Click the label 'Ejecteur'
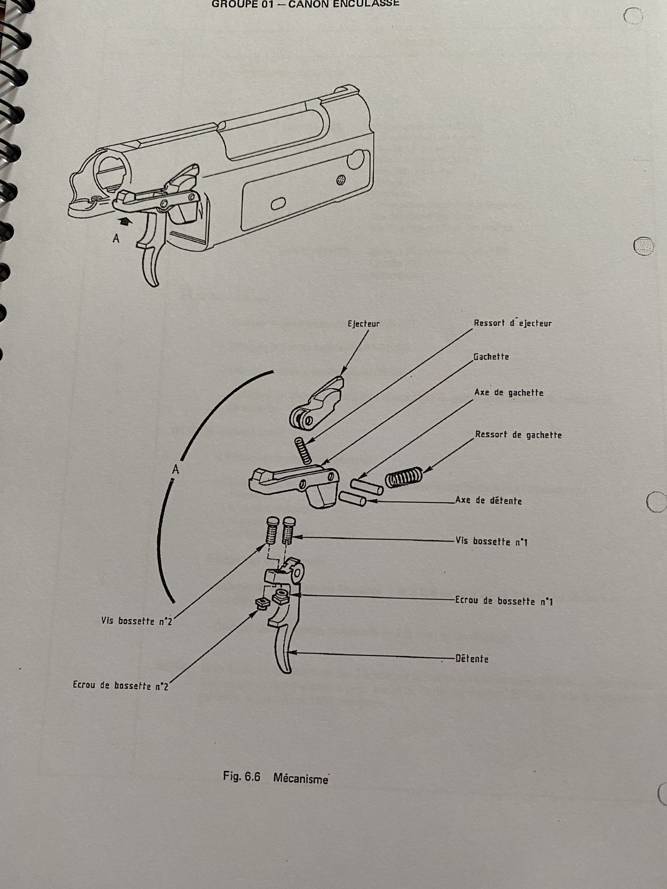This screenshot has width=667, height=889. coord(363,324)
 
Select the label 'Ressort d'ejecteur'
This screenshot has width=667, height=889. coord(513,323)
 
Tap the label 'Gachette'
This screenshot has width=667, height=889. coord(491,357)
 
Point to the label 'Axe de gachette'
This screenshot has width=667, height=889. coord(509,393)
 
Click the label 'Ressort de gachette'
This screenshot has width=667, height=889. coord(518,435)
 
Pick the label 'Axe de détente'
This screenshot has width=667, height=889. coord(488,501)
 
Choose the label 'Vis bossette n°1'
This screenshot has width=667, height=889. coord(491,542)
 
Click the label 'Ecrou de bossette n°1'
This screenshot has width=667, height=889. coord(503,601)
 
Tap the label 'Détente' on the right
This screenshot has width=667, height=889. coord(472,659)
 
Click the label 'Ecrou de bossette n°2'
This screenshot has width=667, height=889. coord(120,686)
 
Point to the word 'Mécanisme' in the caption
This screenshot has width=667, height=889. coord(300,778)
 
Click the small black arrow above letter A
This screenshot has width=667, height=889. coord(125,221)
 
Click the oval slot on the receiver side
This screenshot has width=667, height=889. coord(279,204)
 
